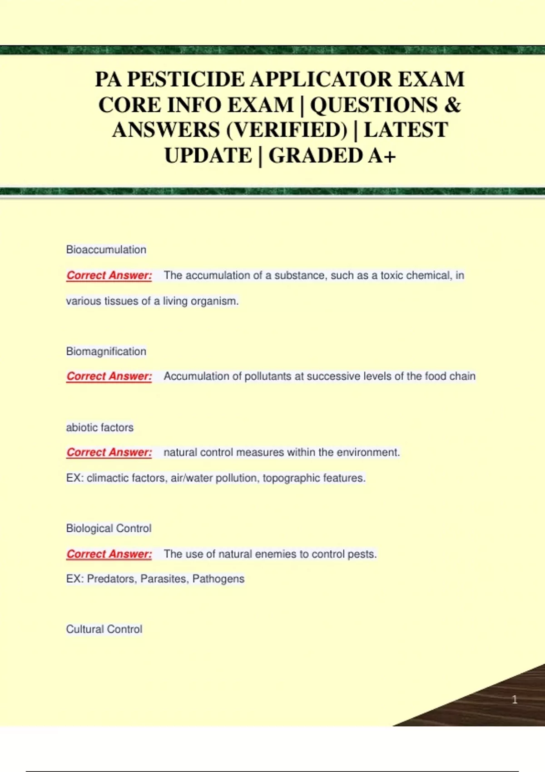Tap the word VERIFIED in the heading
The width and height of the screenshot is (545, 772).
click(287, 130)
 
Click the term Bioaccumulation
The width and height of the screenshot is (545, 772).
click(106, 250)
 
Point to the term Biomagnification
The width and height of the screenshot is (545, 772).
click(106, 351)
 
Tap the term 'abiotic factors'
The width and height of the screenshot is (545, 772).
click(100, 428)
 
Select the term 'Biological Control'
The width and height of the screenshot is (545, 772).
click(109, 529)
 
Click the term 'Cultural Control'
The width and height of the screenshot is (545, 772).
click(104, 629)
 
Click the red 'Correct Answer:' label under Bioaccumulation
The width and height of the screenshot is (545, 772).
click(109, 276)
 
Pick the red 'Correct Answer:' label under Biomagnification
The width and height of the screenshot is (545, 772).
click(109, 376)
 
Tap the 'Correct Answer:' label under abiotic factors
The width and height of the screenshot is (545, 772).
click(109, 453)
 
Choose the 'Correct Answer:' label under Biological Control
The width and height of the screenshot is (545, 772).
click(109, 554)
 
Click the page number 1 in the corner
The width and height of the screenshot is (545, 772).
click(515, 700)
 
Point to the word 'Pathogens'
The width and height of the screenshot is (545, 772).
click(218, 579)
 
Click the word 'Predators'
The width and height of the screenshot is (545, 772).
click(112, 579)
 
